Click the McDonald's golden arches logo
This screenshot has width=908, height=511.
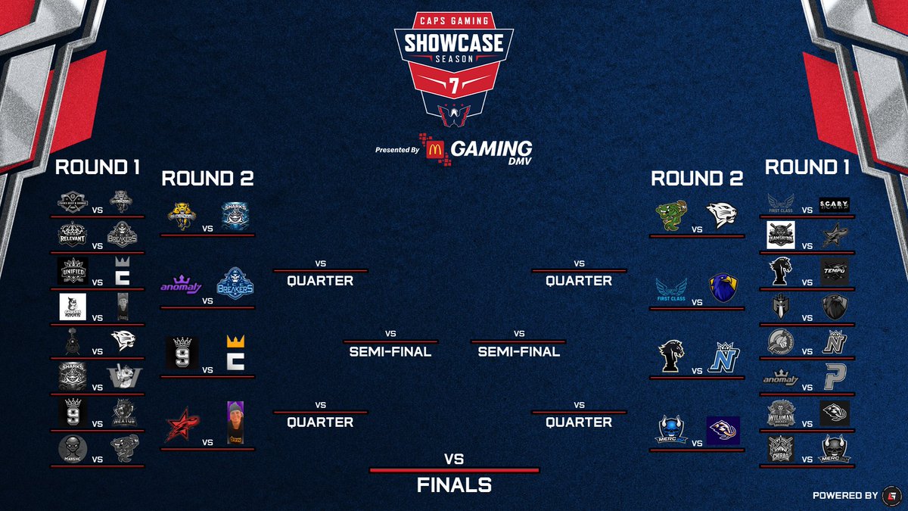pos(434,149)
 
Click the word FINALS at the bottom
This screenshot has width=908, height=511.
pos(454,485)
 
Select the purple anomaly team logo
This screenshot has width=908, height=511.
pos(180,286)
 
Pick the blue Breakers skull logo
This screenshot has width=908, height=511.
pos(234,284)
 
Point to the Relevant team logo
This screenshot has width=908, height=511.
pos(73,235)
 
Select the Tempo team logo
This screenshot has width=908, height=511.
pos(835,271)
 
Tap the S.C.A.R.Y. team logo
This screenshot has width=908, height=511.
pos(835,204)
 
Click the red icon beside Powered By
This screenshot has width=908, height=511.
pos(893,495)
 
